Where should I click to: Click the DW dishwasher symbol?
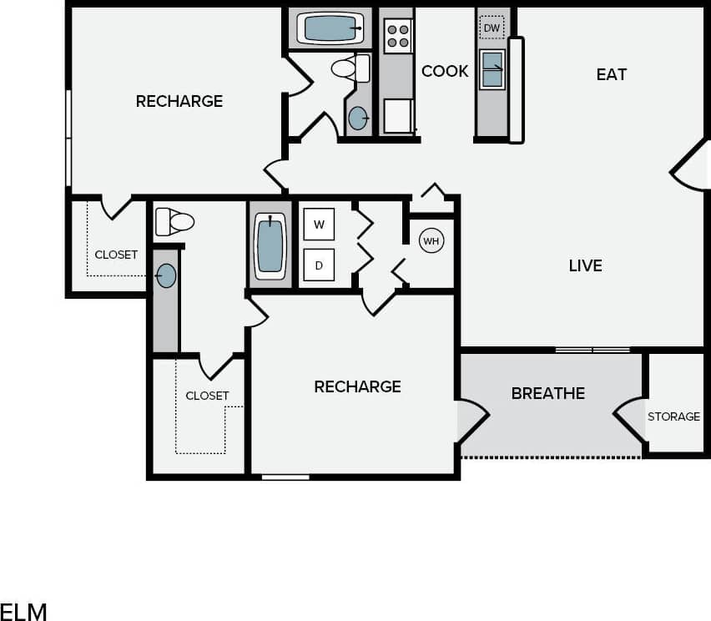coord(492,28)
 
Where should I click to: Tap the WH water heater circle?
coord(431,241)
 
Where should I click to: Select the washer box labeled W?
coord(319,224)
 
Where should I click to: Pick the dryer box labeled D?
coord(319,265)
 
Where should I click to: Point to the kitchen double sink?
coord(492,68)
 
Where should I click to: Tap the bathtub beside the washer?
coord(270,245)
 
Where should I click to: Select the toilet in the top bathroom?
coord(350,68)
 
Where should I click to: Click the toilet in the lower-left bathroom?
coord(175,222)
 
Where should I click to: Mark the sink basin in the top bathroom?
coord(358,119)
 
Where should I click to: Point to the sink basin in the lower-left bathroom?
coord(166,275)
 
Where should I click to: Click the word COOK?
coord(445,72)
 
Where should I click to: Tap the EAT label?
coord(611,74)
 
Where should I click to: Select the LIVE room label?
coord(585,265)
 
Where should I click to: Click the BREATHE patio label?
coord(547,393)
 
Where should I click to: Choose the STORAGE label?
coord(673,417)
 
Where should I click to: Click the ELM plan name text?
coord(23,611)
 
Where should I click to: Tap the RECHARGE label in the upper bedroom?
coord(179,101)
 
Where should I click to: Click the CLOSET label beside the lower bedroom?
coord(207,396)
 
